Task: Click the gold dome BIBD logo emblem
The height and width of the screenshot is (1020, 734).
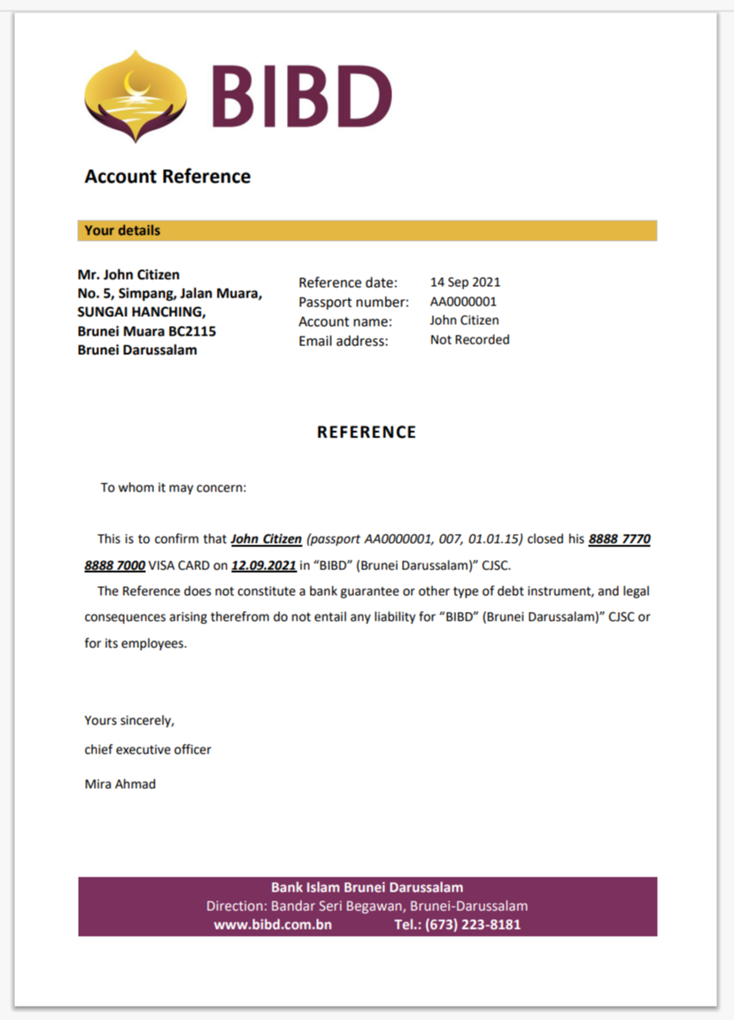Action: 135,96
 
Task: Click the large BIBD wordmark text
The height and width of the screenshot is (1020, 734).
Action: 301,97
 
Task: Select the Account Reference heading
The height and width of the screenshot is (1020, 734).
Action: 167,176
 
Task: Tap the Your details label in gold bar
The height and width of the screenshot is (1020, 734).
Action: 122,230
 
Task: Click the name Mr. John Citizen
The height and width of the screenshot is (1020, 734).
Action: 128,274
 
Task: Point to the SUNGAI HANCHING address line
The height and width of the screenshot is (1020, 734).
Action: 142,312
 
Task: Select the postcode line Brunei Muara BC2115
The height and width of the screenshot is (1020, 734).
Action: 147,331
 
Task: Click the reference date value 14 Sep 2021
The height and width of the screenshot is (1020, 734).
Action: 465,282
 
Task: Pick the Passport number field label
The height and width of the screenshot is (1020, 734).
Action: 353,302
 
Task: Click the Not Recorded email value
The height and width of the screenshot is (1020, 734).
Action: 469,340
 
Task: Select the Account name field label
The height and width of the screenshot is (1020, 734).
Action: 345,321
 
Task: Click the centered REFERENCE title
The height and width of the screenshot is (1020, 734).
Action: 367,432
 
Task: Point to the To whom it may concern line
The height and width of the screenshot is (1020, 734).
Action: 174,487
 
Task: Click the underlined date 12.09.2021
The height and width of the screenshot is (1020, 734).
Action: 263,565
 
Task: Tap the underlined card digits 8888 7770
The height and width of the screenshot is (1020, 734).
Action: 620,539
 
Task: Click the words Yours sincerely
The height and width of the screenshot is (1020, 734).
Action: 129,720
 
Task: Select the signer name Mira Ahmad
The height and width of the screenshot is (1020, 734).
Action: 120,784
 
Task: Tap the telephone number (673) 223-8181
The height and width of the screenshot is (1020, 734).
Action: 472,924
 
